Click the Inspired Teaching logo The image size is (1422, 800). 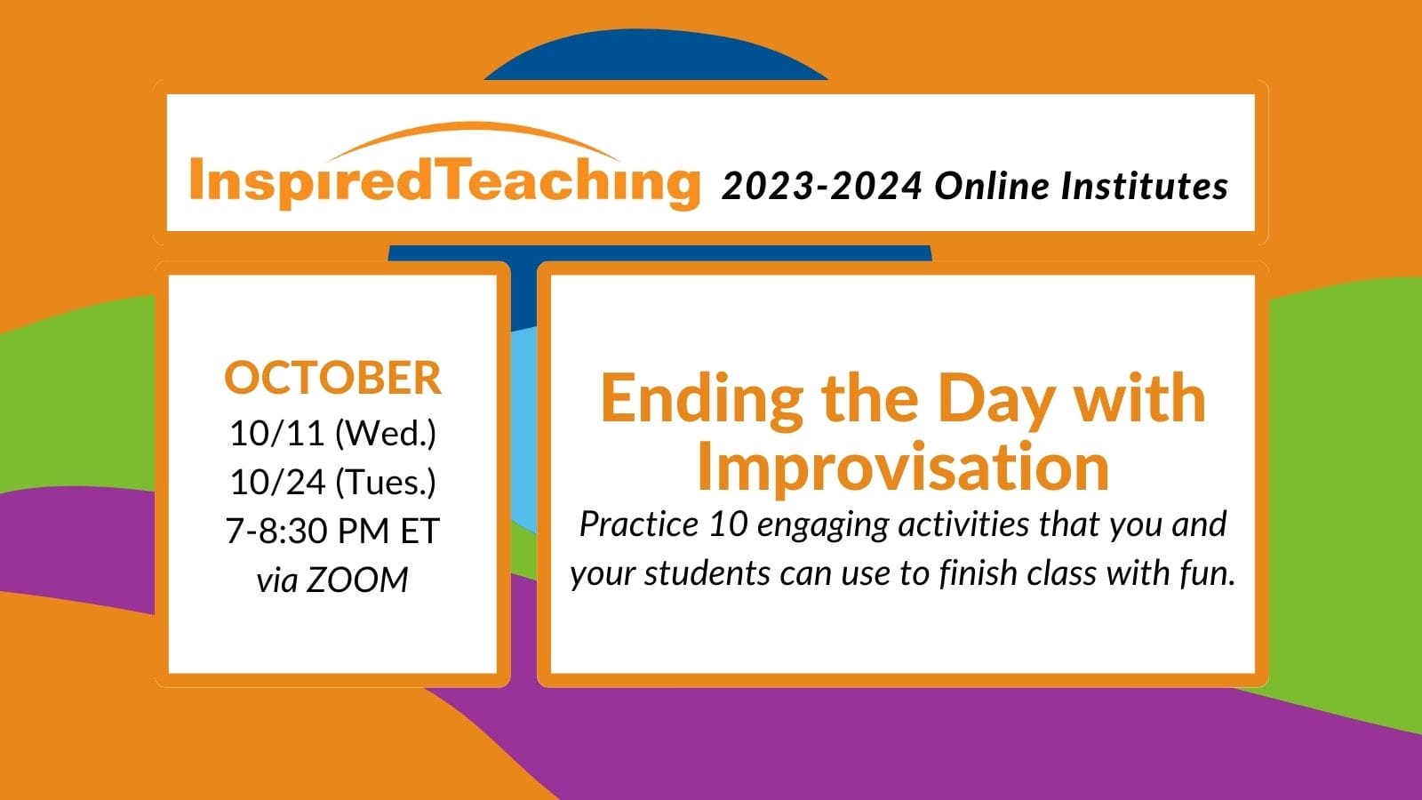tap(444, 166)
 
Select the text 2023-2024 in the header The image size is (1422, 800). tap(822, 186)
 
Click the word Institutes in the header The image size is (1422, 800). tap(1145, 186)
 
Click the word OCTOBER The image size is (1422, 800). tap(332, 377)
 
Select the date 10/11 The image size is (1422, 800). tap(277, 433)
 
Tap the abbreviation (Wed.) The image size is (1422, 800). tap(386, 435)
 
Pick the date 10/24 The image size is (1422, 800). tap(278, 482)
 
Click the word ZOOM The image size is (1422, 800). tap(357, 580)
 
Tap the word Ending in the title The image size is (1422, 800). tap(701, 399)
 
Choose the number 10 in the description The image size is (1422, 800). tap(728, 524)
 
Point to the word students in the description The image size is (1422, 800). tap(707, 573)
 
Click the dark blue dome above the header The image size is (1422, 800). tap(656, 56)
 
